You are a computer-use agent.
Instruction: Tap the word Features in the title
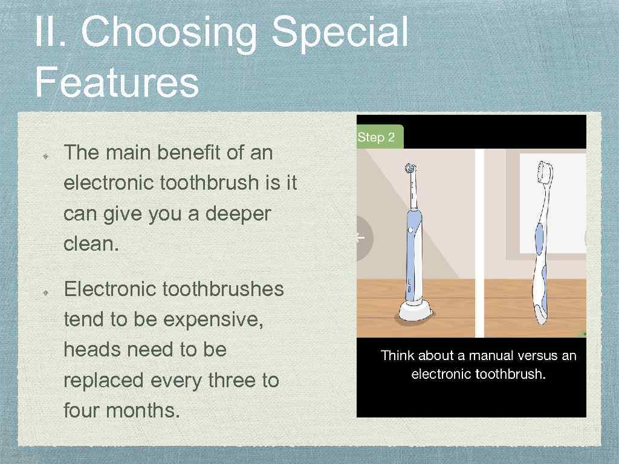pyautogui.click(x=116, y=83)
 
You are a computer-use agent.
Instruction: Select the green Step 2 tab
pyautogui.click(x=377, y=137)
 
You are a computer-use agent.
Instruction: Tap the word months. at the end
pyautogui.click(x=143, y=411)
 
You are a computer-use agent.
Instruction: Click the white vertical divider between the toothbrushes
pyautogui.click(x=479, y=242)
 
